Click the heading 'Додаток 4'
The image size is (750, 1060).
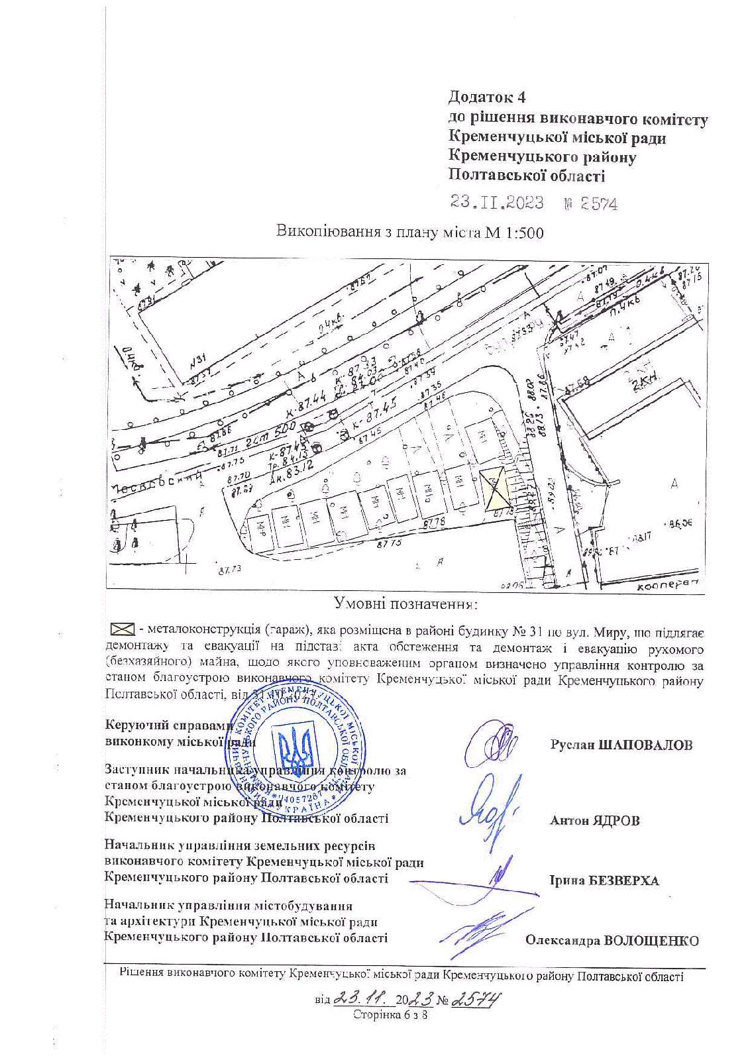[x=487, y=97]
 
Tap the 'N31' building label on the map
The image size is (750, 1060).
[x=199, y=362]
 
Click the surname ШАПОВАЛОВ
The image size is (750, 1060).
[x=645, y=745]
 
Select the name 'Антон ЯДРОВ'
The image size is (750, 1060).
[x=594, y=820]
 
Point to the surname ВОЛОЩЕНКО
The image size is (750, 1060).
[x=651, y=941]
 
